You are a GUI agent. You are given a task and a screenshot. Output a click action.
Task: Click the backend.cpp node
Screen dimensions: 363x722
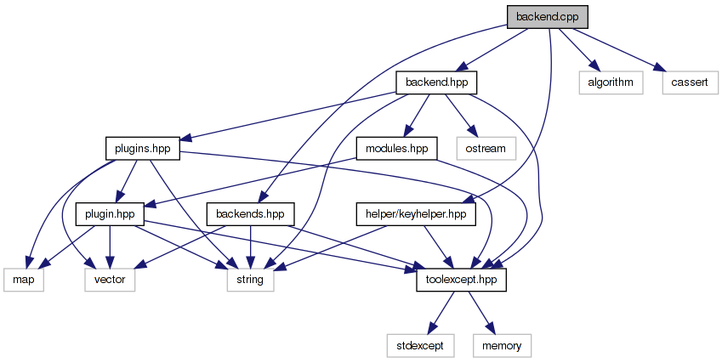pos(547,17)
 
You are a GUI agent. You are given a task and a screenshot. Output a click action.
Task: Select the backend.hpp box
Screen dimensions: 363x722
pos(436,82)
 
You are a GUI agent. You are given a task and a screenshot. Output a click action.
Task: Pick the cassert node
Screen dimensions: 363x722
pos(685,82)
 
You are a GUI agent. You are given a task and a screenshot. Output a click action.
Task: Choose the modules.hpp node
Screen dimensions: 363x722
pos(396,148)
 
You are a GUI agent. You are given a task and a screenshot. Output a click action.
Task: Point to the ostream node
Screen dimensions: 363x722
pos(486,148)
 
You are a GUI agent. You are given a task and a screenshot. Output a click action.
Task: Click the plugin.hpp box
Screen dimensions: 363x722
pos(111,213)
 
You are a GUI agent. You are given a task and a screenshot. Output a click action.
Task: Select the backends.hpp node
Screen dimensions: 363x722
pos(251,213)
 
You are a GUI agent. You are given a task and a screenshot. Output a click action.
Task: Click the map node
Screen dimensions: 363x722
pos(23,279)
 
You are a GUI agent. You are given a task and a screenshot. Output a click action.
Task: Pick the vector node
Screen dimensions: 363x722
pos(110,279)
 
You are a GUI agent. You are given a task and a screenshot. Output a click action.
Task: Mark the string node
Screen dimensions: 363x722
pos(250,279)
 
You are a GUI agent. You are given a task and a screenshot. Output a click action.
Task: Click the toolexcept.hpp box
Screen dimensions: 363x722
pos(462,279)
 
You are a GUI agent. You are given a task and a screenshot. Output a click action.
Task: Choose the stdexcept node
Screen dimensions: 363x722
pos(420,344)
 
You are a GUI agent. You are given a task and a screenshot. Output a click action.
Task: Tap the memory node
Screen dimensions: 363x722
pos(507,344)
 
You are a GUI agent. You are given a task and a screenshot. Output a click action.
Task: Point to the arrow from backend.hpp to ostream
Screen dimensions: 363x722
pos(460,115)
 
